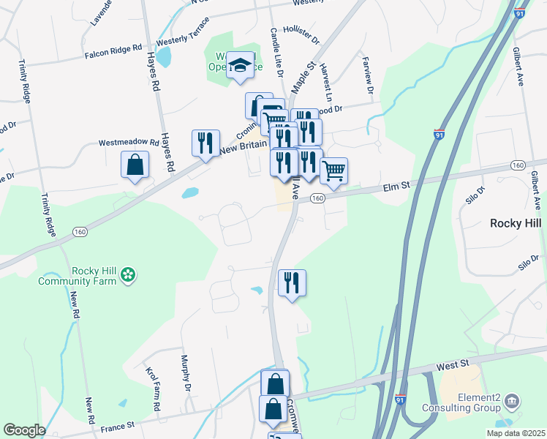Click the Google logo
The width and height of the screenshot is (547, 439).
(24, 430)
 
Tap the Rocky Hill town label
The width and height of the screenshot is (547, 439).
(515, 222)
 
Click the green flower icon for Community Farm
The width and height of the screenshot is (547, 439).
(129, 274)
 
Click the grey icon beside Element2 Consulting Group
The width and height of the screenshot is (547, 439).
(513, 400)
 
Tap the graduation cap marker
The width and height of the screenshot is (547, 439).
(240, 67)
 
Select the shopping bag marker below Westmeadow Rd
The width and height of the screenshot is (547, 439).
(135, 165)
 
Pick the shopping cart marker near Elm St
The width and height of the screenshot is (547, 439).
(333, 171)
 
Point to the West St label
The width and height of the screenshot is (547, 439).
(453, 364)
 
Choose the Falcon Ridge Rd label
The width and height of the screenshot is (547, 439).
(113, 50)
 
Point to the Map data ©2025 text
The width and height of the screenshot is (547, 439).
(516, 433)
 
